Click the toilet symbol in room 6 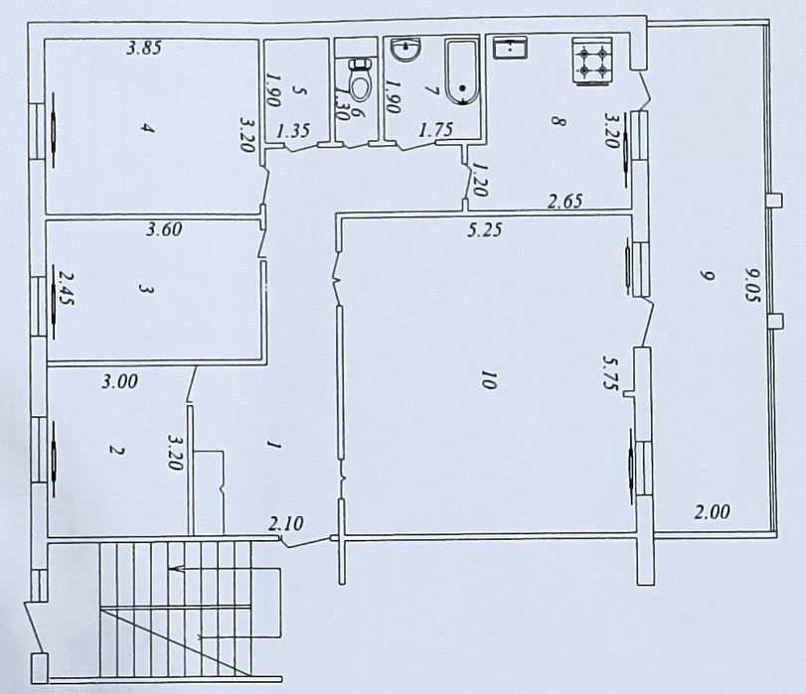pyautogui.click(x=361, y=80)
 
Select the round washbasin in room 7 pyautogui.click(x=406, y=51)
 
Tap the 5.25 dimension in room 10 pyautogui.click(x=484, y=229)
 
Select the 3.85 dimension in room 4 pyautogui.click(x=144, y=48)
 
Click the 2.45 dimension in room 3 pyautogui.click(x=67, y=288)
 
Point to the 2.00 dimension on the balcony pyautogui.click(x=712, y=511)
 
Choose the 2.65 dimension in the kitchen pyautogui.click(x=564, y=201)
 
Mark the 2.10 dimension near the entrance pyautogui.click(x=286, y=523)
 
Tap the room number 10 pyautogui.click(x=488, y=381)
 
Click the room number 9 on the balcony pyautogui.click(x=708, y=276)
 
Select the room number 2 pyautogui.click(x=116, y=451)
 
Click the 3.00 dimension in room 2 pyautogui.click(x=120, y=381)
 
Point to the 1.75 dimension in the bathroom pyautogui.click(x=436, y=130)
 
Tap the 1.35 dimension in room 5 pyautogui.click(x=293, y=130)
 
